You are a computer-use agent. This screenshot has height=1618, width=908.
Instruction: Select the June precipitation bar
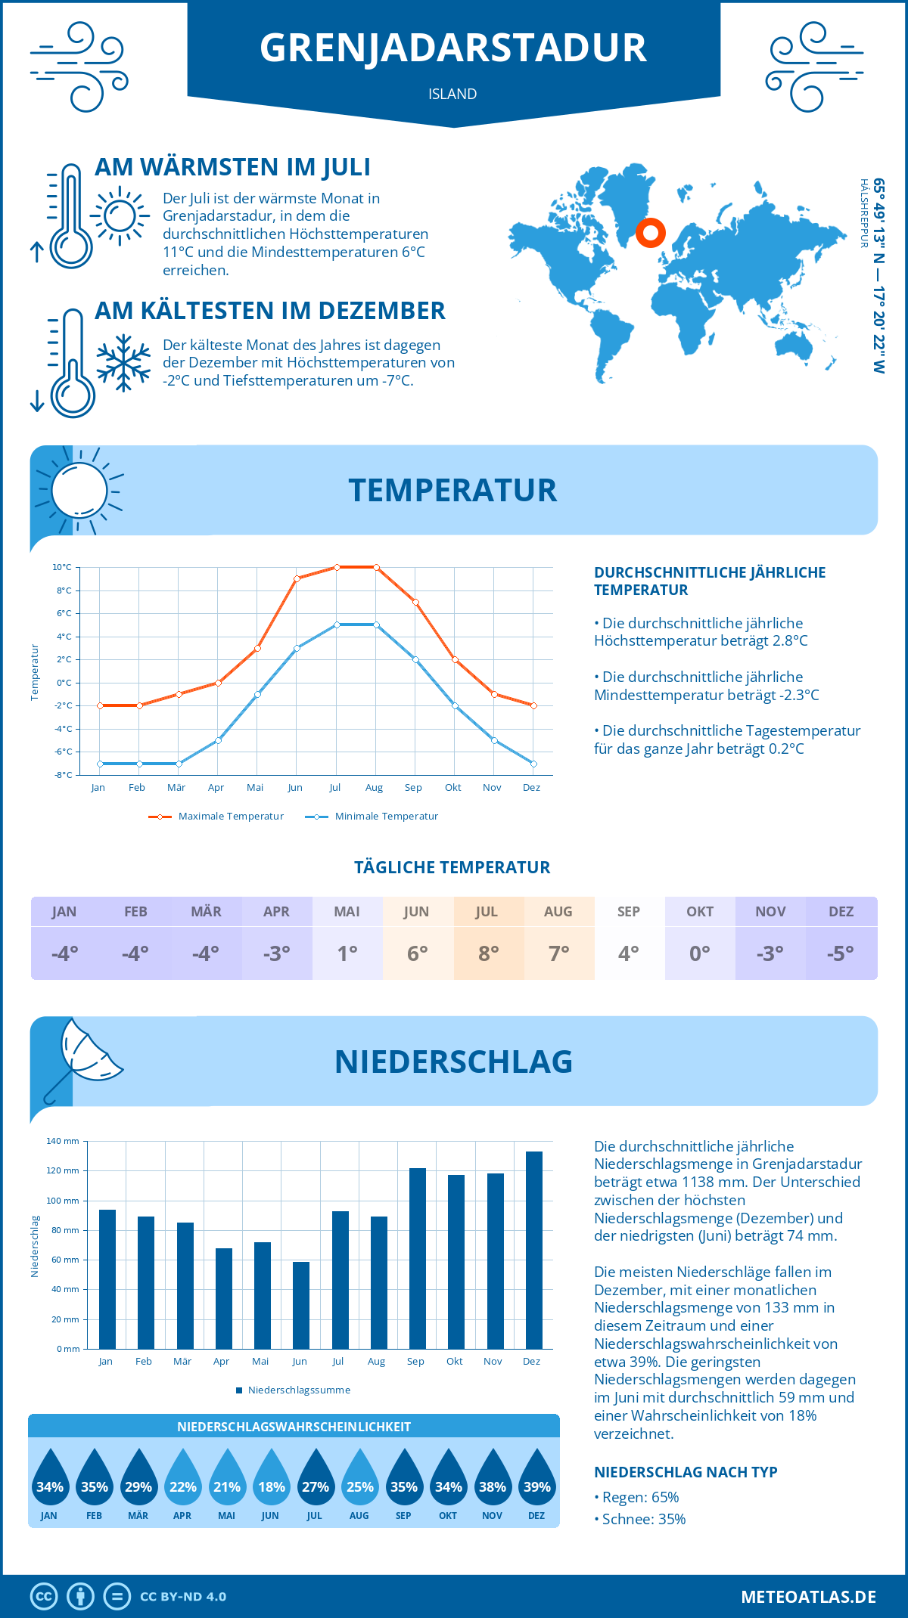tap(301, 1305)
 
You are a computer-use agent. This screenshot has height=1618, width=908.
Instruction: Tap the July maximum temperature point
tap(337, 567)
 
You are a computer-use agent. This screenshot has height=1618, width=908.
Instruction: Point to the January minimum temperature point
tap(100, 764)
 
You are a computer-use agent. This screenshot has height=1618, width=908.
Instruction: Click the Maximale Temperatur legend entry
tap(216, 817)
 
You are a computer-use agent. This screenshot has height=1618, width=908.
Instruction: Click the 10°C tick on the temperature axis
tap(62, 567)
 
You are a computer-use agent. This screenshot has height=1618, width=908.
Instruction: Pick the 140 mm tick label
tap(63, 1141)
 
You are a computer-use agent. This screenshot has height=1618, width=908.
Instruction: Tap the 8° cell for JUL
tap(489, 953)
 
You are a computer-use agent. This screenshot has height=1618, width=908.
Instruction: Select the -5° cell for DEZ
tap(841, 953)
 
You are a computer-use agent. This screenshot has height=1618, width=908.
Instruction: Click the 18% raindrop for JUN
tap(271, 1478)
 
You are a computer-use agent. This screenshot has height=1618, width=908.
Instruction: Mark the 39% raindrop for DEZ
tap(536, 1478)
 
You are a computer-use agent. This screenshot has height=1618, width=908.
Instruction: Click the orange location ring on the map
tap(650, 233)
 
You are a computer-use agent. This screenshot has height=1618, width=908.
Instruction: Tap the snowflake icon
tap(123, 363)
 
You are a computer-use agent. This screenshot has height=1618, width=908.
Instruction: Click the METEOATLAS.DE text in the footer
tap(808, 1597)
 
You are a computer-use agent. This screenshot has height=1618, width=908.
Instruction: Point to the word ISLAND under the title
tap(452, 94)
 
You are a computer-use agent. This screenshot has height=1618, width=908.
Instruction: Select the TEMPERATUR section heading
tap(452, 490)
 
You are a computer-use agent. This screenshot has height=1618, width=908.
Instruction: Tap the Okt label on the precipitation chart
tap(454, 1362)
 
